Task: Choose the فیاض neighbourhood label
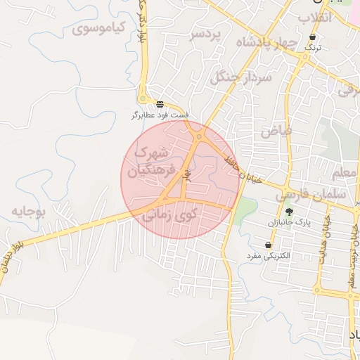(x=276, y=131)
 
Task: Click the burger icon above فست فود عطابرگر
(x=161, y=103)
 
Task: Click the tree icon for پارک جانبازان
(x=288, y=211)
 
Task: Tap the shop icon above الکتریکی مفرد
(x=269, y=245)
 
